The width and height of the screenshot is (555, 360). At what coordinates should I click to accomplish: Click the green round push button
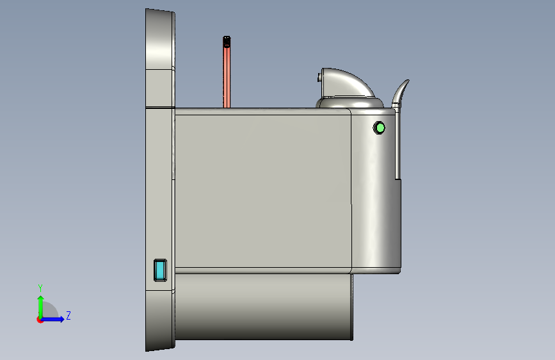379,127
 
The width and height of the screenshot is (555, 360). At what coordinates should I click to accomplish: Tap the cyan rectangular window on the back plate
160,270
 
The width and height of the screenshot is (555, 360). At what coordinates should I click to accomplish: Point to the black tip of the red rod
227,42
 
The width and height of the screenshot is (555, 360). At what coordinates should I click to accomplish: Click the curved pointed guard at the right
400,93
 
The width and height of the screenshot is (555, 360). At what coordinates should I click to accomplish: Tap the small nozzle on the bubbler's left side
319,78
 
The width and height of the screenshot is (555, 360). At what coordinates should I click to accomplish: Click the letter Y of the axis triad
40,288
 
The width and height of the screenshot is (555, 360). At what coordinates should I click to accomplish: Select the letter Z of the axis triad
68,315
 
